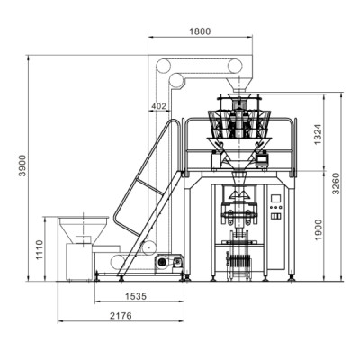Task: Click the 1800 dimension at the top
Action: pos(200,31)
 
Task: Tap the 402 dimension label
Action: pos(160,106)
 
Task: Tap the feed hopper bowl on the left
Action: pos(83,221)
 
